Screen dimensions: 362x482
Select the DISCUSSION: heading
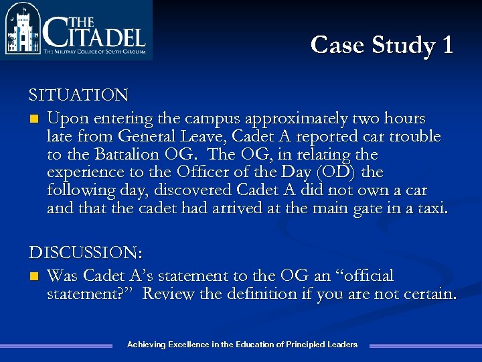[x=86, y=253]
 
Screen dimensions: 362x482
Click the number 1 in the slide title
[x=447, y=45]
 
